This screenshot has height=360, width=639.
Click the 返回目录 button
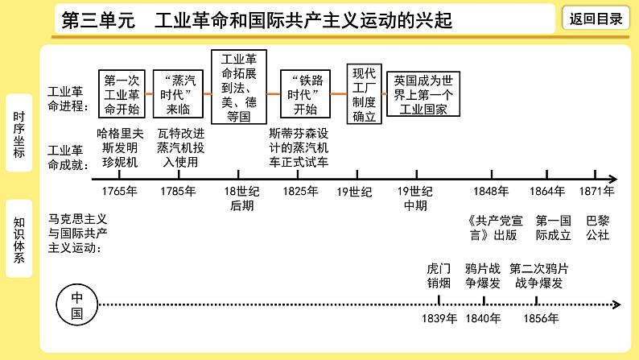(x=596, y=19)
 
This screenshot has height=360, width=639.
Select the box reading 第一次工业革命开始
(x=122, y=94)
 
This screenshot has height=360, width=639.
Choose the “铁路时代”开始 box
(x=306, y=94)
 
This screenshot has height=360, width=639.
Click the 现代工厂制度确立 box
(x=365, y=94)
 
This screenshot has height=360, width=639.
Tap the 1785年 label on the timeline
(x=178, y=192)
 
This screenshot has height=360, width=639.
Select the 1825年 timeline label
(x=300, y=192)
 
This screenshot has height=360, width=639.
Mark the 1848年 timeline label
(x=491, y=192)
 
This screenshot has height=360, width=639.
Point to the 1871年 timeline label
(x=596, y=192)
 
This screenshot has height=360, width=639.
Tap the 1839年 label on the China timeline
(x=439, y=318)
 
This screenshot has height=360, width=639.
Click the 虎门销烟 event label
(x=439, y=275)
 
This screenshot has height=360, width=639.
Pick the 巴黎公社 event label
(x=597, y=227)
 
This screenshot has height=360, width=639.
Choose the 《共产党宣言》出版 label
(x=492, y=227)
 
